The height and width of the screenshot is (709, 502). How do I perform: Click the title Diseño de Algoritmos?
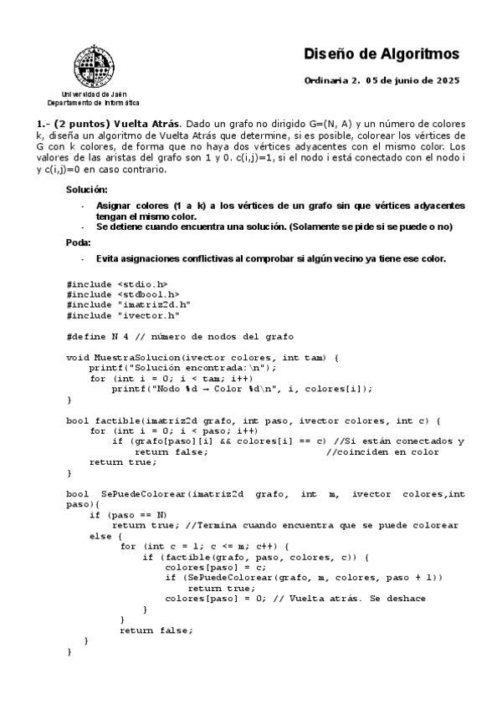tap(381, 54)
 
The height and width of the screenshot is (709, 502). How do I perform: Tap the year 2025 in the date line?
tap(447, 81)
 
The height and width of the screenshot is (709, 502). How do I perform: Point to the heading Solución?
tap(87, 190)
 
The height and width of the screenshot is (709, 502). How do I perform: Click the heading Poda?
tap(79, 242)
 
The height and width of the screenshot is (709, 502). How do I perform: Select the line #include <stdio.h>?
tap(117, 283)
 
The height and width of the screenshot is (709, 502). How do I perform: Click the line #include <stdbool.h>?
tap(123, 294)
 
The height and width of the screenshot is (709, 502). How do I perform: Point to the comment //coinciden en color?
tap(382, 451)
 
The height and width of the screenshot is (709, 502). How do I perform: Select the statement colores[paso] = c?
tap(204, 567)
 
